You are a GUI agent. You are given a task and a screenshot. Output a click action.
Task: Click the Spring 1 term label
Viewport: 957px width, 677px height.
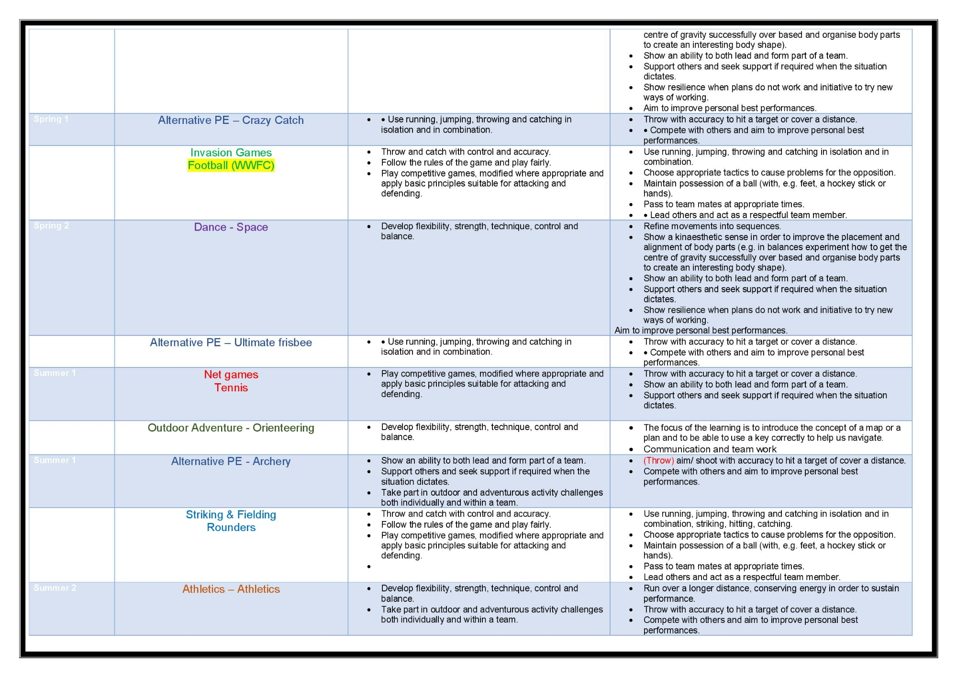click(x=51, y=119)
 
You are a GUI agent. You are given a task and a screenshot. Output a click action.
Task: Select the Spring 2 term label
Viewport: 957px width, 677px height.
click(x=51, y=226)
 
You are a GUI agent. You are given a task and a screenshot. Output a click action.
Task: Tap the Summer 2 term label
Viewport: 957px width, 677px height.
click(x=55, y=588)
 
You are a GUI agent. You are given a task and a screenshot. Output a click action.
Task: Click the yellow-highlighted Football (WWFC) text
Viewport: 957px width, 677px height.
click(x=231, y=166)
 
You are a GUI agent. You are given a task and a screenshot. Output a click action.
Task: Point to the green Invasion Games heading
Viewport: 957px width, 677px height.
click(x=231, y=153)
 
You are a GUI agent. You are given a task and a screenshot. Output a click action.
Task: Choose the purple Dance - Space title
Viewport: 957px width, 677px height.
click(x=231, y=227)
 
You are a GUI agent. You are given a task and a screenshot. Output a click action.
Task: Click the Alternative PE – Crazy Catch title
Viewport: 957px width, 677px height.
click(x=231, y=121)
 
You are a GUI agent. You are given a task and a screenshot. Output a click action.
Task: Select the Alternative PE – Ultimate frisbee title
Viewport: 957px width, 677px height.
click(x=231, y=343)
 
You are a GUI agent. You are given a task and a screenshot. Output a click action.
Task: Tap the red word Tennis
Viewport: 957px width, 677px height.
click(x=231, y=388)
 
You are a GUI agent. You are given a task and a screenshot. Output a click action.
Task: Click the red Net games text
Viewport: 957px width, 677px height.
click(x=231, y=375)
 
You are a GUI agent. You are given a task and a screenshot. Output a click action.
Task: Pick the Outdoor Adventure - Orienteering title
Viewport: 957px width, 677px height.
click(x=231, y=428)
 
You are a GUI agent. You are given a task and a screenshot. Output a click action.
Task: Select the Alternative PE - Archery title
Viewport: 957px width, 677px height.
click(x=231, y=461)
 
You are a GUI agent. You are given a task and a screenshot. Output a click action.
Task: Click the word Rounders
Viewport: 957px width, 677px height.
click(x=231, y=527)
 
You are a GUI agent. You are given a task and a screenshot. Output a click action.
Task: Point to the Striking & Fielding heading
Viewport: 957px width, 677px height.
click(x=231, y=515)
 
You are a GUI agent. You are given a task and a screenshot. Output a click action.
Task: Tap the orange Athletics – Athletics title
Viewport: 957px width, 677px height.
click(x=231, y=589)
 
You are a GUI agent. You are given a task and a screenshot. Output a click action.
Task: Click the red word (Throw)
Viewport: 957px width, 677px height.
click(x=659, y=461)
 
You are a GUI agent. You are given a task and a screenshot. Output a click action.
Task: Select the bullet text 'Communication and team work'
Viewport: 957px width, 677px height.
click(x=710, y=449)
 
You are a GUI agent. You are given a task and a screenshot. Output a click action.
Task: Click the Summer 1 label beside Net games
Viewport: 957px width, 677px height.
click(x=55, y=373)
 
